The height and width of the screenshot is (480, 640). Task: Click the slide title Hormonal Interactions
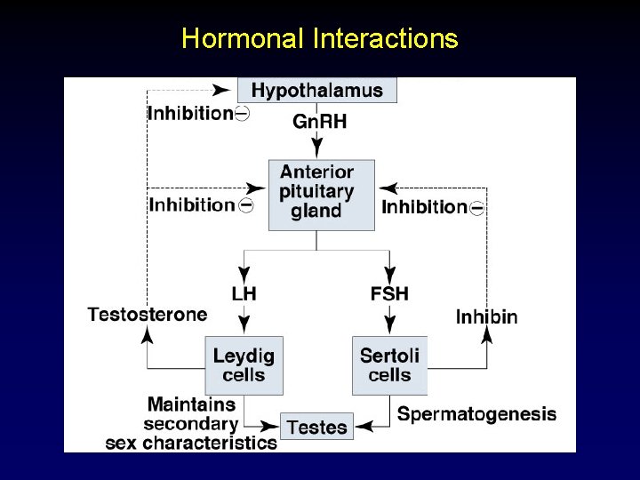pyautogui.click(x=319, y=39)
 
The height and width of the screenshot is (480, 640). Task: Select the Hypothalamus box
pyautogui.click(x=316, y=90)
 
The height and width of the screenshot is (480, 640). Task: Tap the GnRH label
pyautogui.click(x=319, y=122)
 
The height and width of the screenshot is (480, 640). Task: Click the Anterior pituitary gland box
pyautogui.click(x=316, y=192)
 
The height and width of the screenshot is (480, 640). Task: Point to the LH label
pyautogui.click(x=244, y=292)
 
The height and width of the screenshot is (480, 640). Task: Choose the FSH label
pyautogui.click(x=388, y=292)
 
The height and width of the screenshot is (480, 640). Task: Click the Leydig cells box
pyautogui.click(x=244, y=365)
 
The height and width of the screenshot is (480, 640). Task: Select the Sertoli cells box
pyautogui.click(x=389, y=365)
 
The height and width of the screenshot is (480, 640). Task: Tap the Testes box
pyautogui.click(x=316, y=427)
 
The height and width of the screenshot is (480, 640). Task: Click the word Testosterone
pyautogui.click(x=148, y=314)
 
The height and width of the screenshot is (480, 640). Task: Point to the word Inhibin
pyautogui.click(x=486, y=316)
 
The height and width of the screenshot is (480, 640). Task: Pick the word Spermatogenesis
pyautogui.click(x=476, y=414)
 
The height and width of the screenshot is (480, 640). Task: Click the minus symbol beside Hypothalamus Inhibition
pyautogui.click(x=242, y=114)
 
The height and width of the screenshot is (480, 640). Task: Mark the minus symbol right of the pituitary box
pyautogui.click(x=477, y=208)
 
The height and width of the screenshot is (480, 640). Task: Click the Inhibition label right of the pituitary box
pyautogui.click(x=424, y=207)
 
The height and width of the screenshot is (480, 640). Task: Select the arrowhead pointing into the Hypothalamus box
pyautogui.click(x=222, y=89)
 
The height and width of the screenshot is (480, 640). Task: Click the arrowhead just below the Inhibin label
pyautogui.click(x=487, y=334)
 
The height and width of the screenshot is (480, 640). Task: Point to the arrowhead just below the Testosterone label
pyautogui.click(x=148, y=334)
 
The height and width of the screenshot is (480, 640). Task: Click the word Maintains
pyautogui.click(x=192, y=404)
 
